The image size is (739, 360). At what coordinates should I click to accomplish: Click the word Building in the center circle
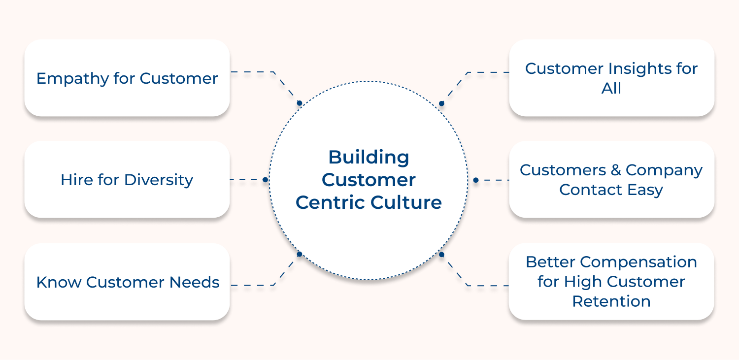369,158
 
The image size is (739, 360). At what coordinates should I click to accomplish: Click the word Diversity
159,180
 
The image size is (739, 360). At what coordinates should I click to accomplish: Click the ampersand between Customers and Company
615,170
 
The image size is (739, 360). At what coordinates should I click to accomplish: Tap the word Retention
611,301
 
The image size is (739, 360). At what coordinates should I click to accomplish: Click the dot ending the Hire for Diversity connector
265,180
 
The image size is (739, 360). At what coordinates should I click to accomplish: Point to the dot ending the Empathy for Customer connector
299,103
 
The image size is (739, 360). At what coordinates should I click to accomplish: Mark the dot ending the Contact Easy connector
475,180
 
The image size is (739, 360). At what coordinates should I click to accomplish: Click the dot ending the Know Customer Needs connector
299,254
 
